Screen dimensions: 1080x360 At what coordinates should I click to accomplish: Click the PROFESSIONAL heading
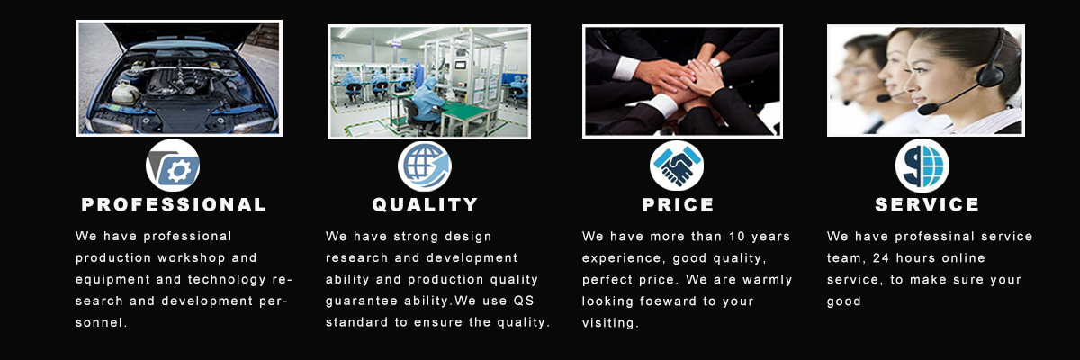point(174,205)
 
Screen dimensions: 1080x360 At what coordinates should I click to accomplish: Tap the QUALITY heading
point(425,205)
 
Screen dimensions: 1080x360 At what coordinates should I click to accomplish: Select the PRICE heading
point(678,205)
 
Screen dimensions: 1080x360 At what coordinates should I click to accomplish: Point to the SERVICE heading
point(927,205)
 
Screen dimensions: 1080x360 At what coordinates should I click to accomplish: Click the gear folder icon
point(173,166)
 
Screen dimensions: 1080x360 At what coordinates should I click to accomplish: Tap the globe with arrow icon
point(424,166)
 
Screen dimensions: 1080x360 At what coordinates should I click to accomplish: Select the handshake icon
point(677,166)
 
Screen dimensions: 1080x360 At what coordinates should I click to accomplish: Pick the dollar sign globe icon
point(922,166)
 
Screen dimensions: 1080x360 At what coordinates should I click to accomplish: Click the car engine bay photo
point(179,78)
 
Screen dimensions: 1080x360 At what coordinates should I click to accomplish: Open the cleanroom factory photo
point(429,82)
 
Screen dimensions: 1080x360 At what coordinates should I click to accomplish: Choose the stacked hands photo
point(682,81)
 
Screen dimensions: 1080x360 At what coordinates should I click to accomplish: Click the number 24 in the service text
point(881,257)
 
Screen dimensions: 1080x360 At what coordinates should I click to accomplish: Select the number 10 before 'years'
point(737,236)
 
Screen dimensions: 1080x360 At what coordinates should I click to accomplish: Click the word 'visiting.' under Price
point(610,322)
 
